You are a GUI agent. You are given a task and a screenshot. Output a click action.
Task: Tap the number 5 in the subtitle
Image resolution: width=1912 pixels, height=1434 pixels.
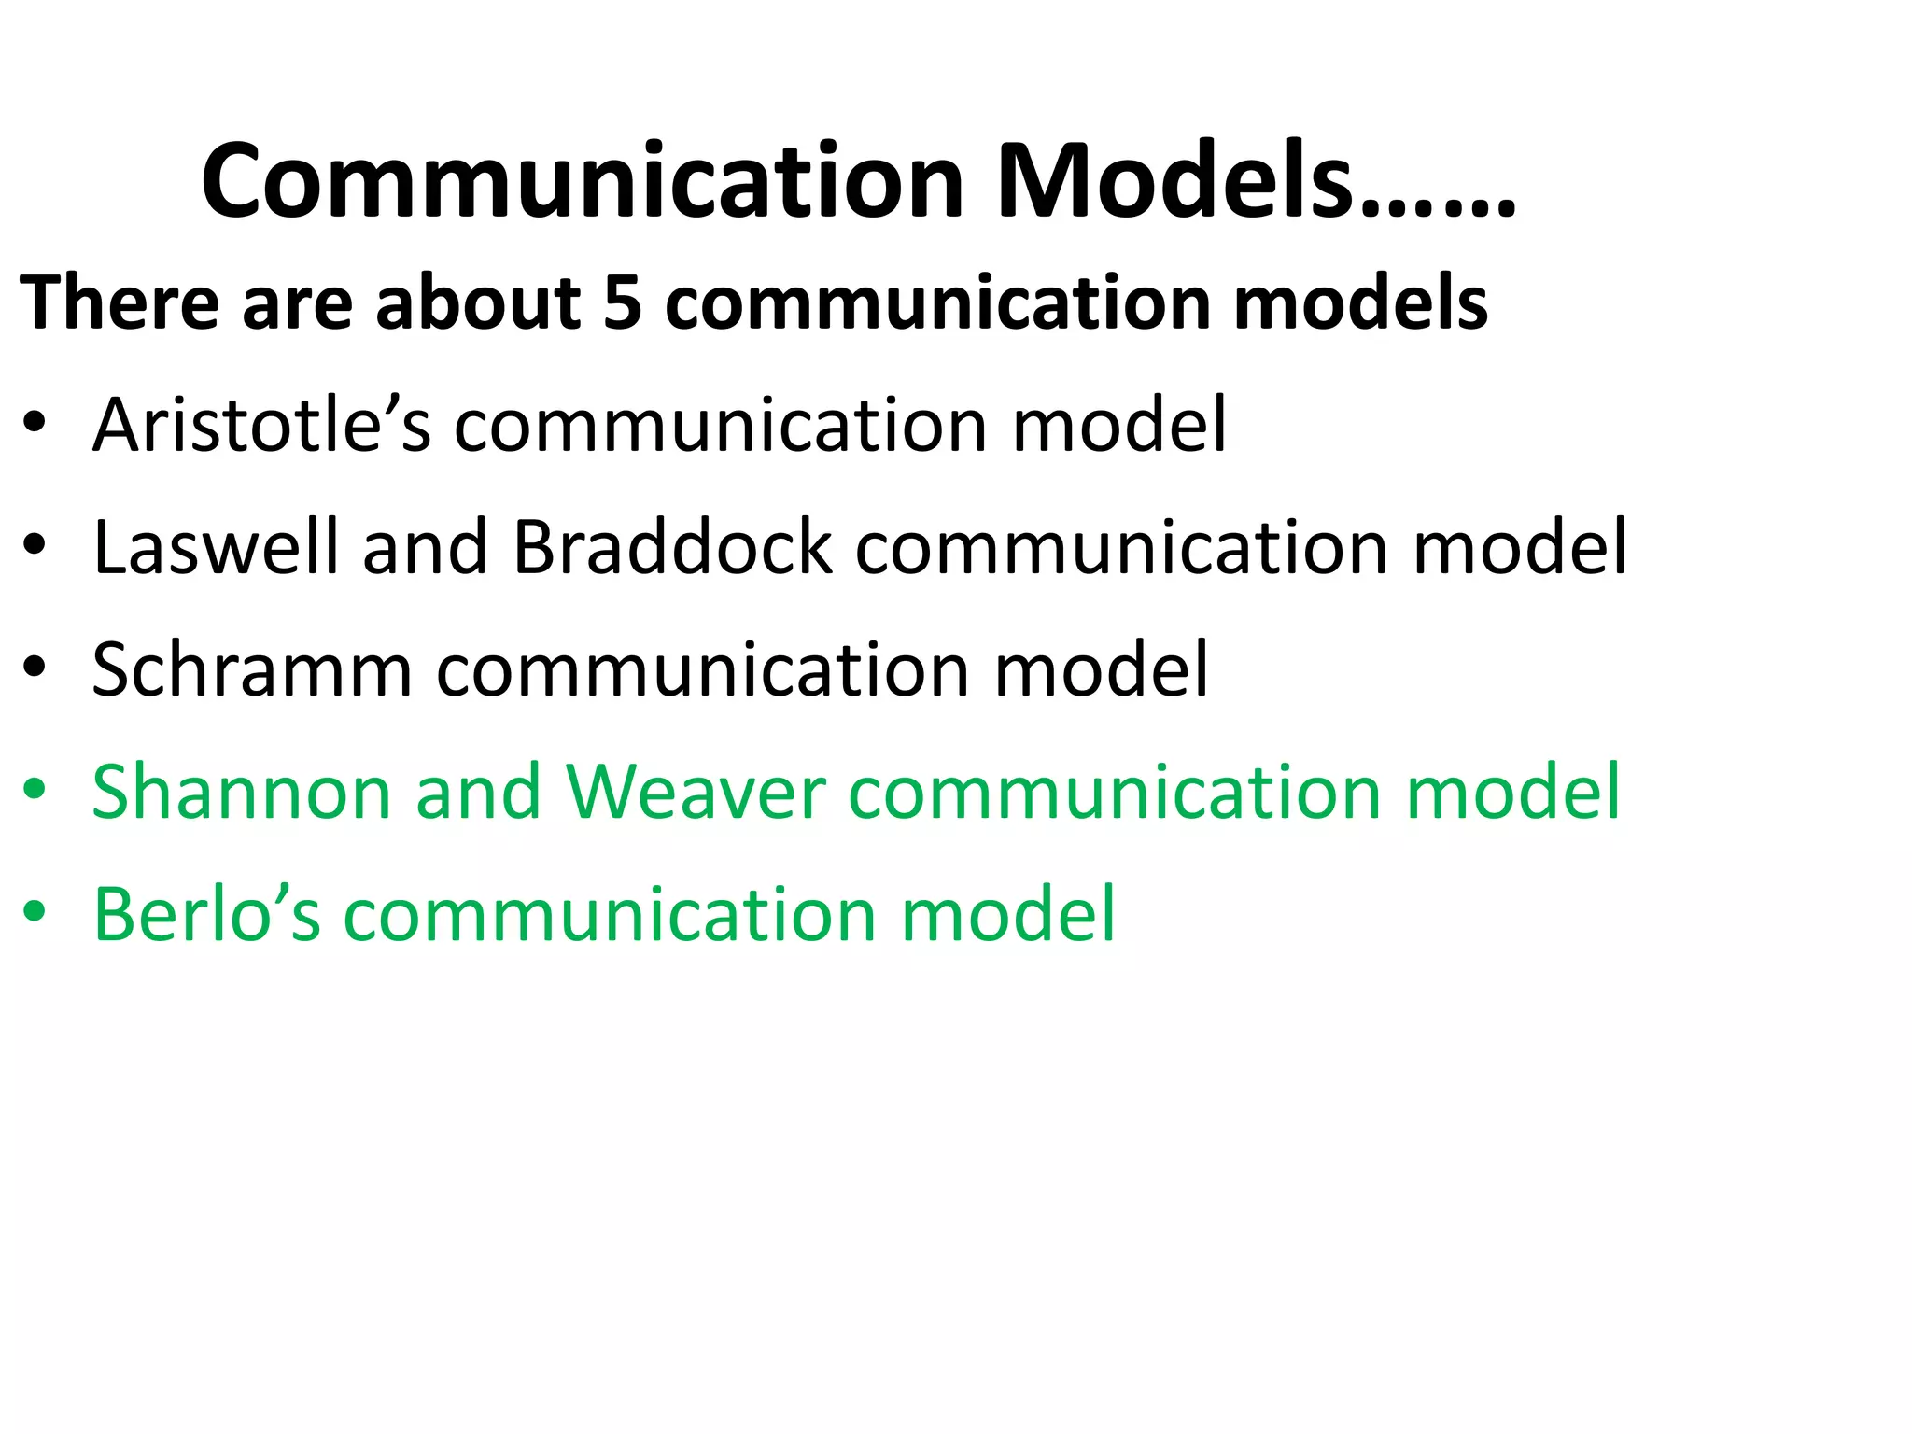click(623, 302)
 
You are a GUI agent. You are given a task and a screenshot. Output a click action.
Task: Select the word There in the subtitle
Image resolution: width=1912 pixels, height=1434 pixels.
click(119, 302)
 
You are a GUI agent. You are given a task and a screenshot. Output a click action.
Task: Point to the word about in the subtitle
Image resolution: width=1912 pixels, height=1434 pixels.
click(478, 302)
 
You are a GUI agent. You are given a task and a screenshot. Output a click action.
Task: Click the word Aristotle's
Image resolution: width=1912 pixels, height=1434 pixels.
click(261, 425)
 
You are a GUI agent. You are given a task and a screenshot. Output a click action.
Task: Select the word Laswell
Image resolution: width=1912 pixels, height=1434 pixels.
click(216, 547)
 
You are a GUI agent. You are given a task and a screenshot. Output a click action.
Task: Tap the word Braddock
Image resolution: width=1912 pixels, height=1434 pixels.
click(671, 547)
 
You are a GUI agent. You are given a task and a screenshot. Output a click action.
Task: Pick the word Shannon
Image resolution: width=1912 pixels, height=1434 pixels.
click(241, 792)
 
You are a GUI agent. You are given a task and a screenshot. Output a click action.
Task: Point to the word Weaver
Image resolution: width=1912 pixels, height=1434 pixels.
click(696, 792)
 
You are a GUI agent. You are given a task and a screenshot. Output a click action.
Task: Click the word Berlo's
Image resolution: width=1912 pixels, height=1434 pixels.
click(206, 914)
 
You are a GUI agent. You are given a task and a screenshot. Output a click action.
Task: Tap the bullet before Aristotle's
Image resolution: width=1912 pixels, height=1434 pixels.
click(35, 426)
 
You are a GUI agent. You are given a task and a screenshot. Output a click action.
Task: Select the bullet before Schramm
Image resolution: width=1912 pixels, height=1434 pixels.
click(35, 670)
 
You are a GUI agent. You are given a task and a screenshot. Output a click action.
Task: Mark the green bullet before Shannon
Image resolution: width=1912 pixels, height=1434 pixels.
click(35, 793)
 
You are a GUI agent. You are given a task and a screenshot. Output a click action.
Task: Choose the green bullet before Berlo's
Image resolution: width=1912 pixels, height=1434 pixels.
click(35, 915)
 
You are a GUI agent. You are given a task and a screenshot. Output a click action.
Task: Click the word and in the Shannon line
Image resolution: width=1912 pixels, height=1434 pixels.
click(478, 792)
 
